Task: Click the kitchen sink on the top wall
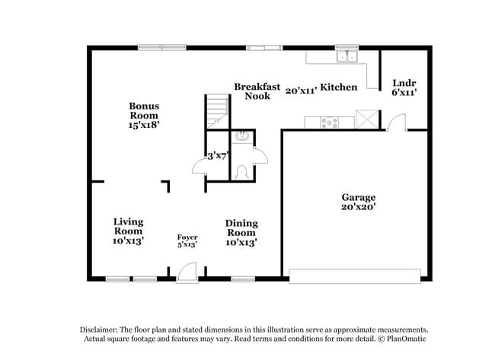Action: tap(347, 56)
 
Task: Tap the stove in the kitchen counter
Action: tap(331, 120)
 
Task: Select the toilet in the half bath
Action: tap(241, 171)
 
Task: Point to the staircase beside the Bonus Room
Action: tap(216, 112)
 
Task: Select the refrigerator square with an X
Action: tap(367, 119)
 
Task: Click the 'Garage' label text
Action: tap(358, 197)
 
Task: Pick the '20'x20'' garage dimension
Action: tap(358, 206)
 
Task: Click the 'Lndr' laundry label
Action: tap(403, 82)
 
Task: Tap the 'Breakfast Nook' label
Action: tap(257, 91)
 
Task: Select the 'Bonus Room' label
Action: tap(143, 110)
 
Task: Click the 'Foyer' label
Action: tap(187, 237)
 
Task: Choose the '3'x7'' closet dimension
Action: tap(218, 156)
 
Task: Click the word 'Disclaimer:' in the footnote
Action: tap(103, 329)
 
